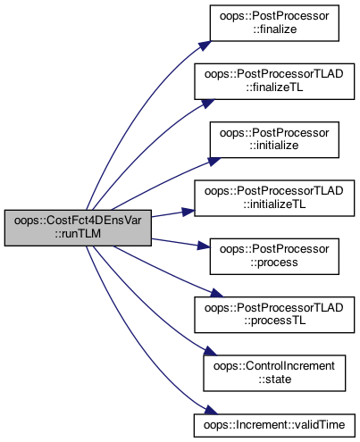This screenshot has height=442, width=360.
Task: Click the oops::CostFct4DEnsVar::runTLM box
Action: pyautogui.click(x=78, y=228)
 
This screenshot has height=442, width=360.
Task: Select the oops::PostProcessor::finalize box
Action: pyautogui.click(x=274, y=23)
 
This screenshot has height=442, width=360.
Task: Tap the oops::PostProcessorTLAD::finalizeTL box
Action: pyautogui.click(x=274, y=81)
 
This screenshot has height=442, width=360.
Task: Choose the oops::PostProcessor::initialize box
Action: pyautogui.click(x=274, y=139)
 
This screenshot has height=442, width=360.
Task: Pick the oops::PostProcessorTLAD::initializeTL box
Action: pyautogui.click(x=274, y=198)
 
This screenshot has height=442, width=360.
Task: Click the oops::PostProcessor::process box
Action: pyautogui.click(x=274, y=256)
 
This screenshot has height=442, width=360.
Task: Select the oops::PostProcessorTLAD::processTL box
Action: pyautogui.click(x=274, y=314)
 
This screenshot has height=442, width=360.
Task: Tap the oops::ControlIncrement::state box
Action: pyautogui.click(x=274, y=373)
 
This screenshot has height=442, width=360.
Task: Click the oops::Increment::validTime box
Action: pyautogui.click(x=274, y=425)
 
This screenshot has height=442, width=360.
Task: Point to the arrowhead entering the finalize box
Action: pyautogui.click(x=205, y=46)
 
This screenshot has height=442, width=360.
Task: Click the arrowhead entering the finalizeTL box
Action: pyautogui.click(x=207, y=104)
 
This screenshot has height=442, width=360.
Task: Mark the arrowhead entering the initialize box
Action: pyautogui.click(x=213, y=162)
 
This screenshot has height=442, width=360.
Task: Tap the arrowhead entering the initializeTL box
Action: pyautogui.click(x=188, y=212)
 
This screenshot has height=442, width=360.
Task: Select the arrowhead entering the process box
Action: pyautogui.click(x=204, y=246)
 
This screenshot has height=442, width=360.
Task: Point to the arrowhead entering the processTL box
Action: pyautogui.click(x=216, y=293)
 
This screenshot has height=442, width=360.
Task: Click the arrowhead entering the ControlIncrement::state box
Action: pyautogui.click(x=211, y=351)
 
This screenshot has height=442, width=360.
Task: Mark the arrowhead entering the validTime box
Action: pyautogui.click(x=211, y=410)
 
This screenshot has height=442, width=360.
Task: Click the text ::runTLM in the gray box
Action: pyautogui.click(x=78, y=234)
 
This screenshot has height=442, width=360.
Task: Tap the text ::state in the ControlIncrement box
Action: pyautogui.click(x=274, y=379)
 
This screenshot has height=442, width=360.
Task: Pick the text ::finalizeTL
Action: pyautogui.click(x=274, y=88)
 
